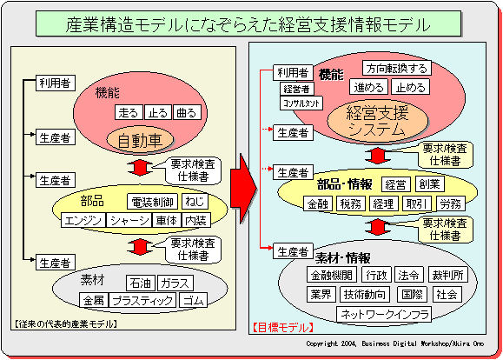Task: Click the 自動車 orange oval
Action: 140,140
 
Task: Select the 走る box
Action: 129,112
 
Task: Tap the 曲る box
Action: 187,112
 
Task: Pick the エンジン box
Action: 83,220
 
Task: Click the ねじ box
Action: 195,202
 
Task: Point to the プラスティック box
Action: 142,300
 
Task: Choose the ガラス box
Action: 175,283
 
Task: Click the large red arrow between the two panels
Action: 244,189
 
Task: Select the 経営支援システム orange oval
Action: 377,121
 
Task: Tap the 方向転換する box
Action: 397,68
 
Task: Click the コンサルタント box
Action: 301,103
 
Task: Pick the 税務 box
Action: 351,203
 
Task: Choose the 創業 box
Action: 430,184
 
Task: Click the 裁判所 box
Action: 447,275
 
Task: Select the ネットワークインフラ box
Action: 384,314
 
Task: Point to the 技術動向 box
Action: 365,294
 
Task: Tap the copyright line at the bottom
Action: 394,343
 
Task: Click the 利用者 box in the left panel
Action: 56,83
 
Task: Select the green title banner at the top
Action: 248,23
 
